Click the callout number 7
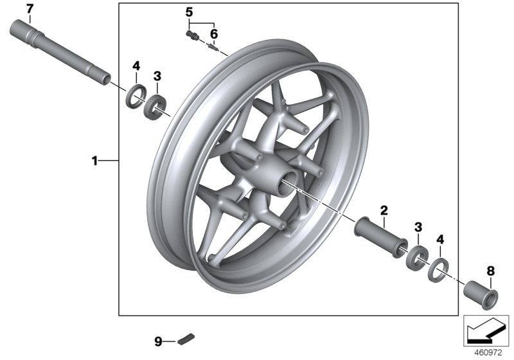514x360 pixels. pos(28,8)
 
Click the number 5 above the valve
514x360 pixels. pos(189,12)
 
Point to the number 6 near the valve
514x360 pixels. pos(214,33)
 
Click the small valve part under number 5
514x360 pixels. pos(190,36)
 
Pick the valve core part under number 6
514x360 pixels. pos(215,46)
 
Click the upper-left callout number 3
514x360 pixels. pos(157,76)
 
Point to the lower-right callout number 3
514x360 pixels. pos(418,227)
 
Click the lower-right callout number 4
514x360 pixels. pos(440,239)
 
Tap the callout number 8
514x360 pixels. pos(490,271)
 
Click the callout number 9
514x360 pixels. pos(157,340)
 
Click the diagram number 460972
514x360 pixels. pos(490,352)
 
